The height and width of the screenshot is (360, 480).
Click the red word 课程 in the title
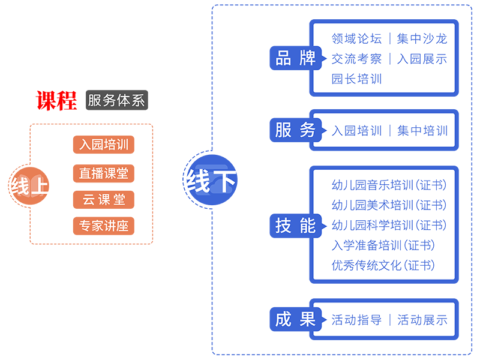click(x=56, y=100)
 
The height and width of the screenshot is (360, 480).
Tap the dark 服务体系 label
click(x=116, y=100)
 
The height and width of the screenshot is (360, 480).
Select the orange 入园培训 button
click(x=104, y=145)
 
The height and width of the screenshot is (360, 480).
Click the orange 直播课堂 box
click(x=104, y=173)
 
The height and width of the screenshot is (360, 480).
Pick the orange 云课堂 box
click(x=104, y=200)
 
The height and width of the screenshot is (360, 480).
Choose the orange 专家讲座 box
click(x=104, y=226)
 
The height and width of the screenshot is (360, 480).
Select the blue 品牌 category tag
click(x=295, y=58)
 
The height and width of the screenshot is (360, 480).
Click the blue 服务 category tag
click(x=295, y=130)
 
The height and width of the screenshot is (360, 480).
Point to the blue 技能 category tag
click(x=295, y=225)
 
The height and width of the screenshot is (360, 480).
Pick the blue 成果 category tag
click(x=295, y=319)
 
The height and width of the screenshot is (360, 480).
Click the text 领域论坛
click(x=356, y=39)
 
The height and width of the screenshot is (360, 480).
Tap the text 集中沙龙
click(x=422, y=39)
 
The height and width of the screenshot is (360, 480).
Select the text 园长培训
click(x=356, y=79)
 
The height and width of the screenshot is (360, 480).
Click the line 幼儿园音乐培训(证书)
click(x=389, y=185)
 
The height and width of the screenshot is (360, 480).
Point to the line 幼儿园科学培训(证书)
click(x=389, y=225)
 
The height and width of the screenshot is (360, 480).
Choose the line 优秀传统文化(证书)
click(x=383, y=265)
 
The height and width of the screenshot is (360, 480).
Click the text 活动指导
click(x=356, y=320)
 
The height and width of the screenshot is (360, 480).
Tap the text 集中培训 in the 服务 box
click(x=422, y=130)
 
